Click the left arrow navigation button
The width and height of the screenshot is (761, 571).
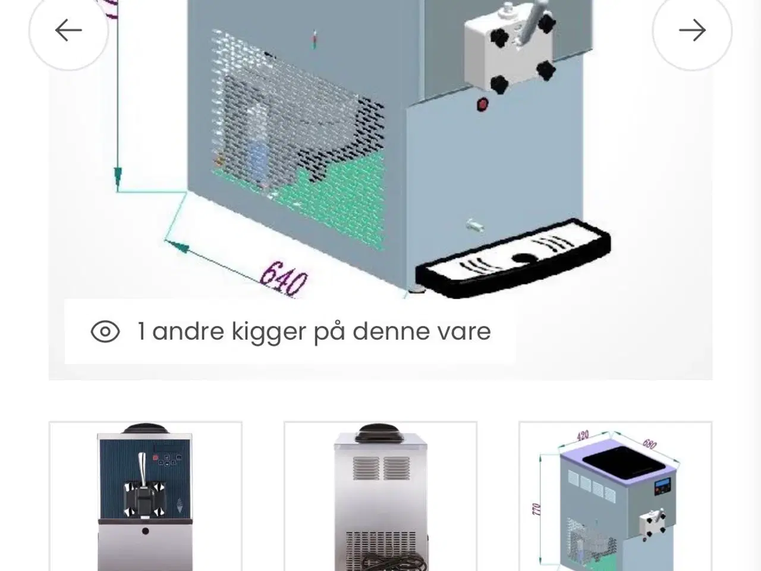(68, 30)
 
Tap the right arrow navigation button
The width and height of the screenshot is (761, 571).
(692, 30)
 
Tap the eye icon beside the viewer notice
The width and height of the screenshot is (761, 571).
(105, 331)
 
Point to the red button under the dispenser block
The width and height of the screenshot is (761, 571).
(482, 104)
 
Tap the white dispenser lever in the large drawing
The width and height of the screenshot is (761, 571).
(534, 21)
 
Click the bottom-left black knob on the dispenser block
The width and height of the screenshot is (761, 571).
(499, 84)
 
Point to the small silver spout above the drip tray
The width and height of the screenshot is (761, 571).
(475, 225)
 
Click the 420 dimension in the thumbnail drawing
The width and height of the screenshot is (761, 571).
(583, 436)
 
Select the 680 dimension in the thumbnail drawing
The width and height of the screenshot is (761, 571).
(649, 444)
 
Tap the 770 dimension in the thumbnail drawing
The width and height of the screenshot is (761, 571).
(536, 509)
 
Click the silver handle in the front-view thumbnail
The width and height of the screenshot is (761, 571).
(142, 466)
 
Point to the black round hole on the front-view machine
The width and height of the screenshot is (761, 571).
(146, 531)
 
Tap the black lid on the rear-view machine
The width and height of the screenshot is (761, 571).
(380, 433)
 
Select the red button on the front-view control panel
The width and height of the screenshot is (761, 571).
(156, 457)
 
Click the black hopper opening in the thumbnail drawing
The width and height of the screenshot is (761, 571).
(624, 463)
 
